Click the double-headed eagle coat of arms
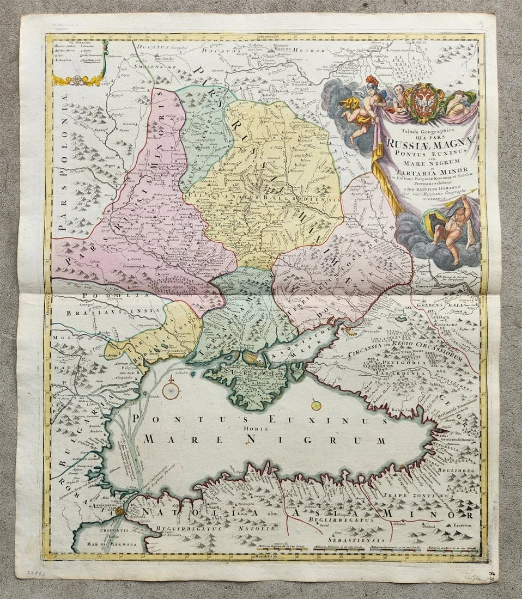[423, 102]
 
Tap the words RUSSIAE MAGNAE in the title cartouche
[431, 143]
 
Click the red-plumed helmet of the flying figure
[372, 82]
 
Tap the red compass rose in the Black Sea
[171, 390]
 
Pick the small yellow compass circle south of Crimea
[316, 405]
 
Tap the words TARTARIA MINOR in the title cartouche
[430, 173]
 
